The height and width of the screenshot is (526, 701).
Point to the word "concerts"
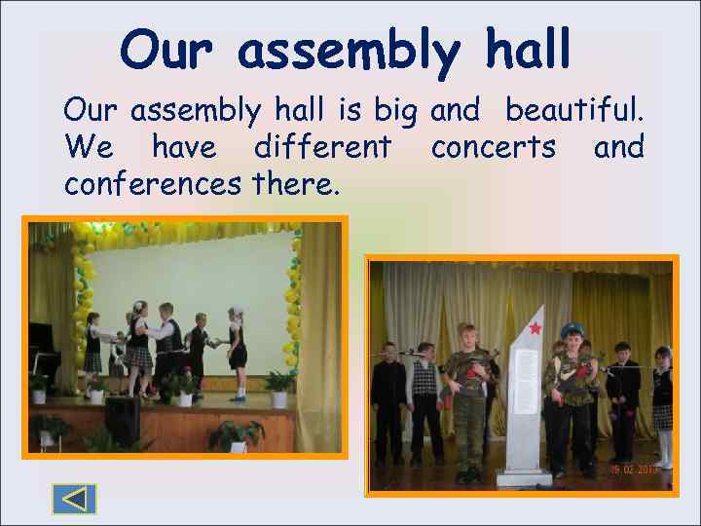pos(494,148)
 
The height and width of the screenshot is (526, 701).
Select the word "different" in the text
pos(322,148)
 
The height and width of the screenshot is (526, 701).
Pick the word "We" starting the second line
pos(89,148)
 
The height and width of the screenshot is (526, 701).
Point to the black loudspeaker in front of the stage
pos(122,420)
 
